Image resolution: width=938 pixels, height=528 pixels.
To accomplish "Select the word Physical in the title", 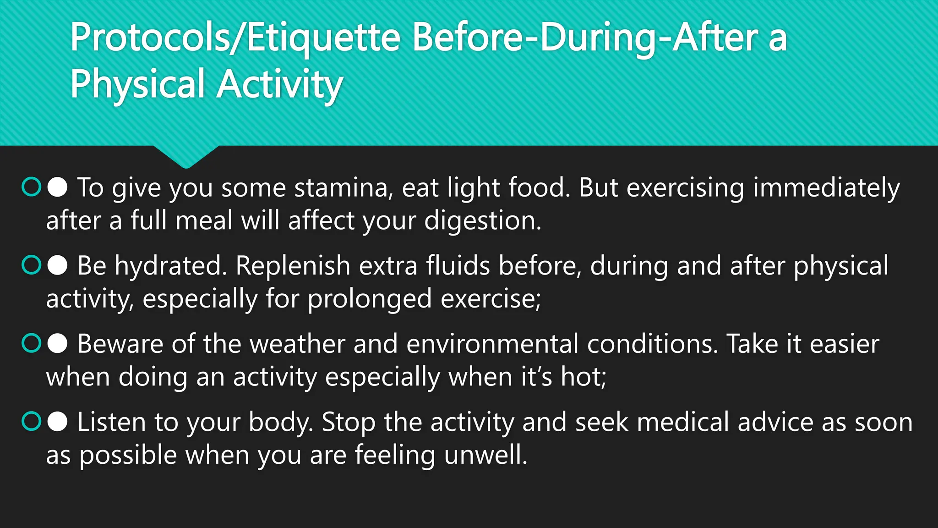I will (x=137, y=84).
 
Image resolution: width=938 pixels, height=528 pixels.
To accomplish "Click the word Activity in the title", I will (x=280, y=84).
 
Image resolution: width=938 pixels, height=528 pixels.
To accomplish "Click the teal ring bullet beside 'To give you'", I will (x=32, y=187).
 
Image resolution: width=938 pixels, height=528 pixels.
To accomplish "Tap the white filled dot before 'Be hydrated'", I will (x=58, y=265).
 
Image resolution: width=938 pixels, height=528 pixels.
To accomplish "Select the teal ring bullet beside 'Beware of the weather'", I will (x=32, y=343).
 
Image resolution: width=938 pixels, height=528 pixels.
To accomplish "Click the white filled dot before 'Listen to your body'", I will (x=58, y=422).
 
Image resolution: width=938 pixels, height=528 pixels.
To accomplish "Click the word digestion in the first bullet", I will (x=482, y=221).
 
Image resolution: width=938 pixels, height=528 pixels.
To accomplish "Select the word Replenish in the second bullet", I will (x=293, y=266).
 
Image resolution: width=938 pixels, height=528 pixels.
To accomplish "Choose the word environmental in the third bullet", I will (x=492, y=344).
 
